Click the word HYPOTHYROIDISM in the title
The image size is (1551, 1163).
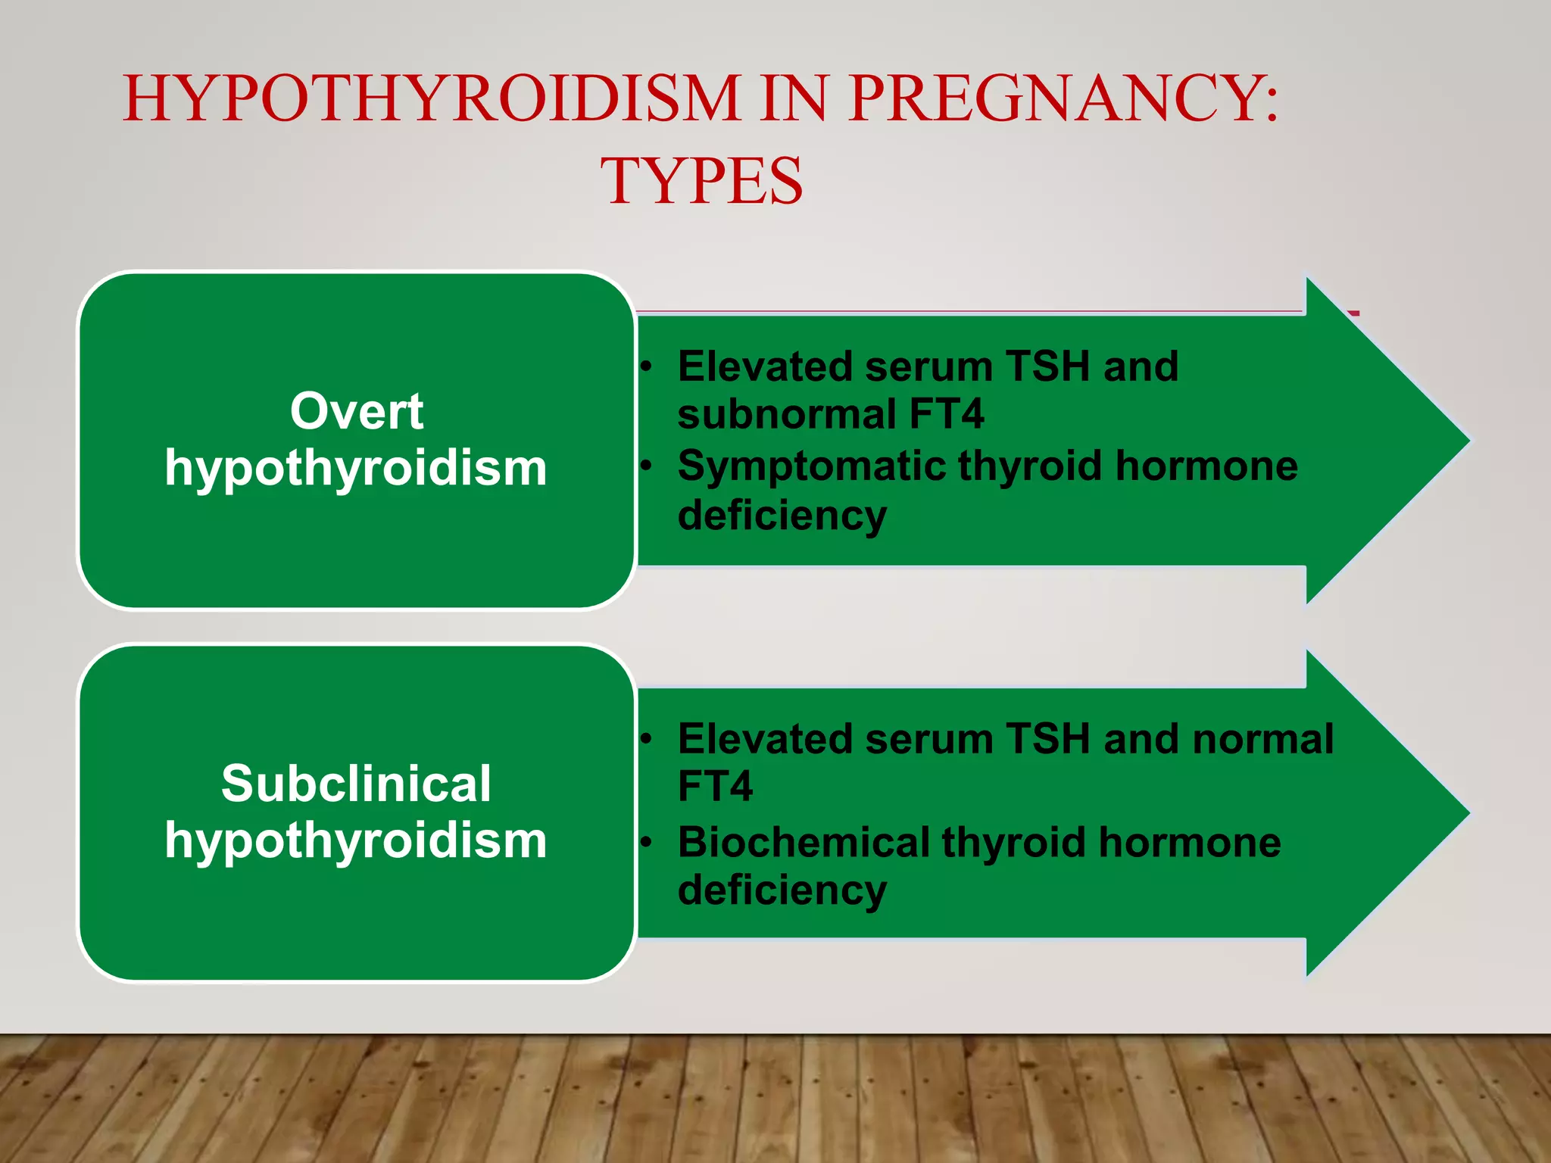coord(432,98)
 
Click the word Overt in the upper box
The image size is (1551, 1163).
coord(357,412)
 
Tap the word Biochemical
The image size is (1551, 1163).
coord(804,842)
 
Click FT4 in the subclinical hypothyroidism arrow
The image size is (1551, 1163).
coord(715,786)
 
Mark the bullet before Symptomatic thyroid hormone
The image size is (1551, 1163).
coord(645,466)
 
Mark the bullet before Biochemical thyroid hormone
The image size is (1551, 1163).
coord(645,842)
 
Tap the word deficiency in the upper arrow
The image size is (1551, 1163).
coord(782,516)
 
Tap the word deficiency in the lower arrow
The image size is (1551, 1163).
coord(782,890)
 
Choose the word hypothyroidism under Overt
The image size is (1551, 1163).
coord(356,468)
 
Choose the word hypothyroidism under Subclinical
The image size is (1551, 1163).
coord(356,840)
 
